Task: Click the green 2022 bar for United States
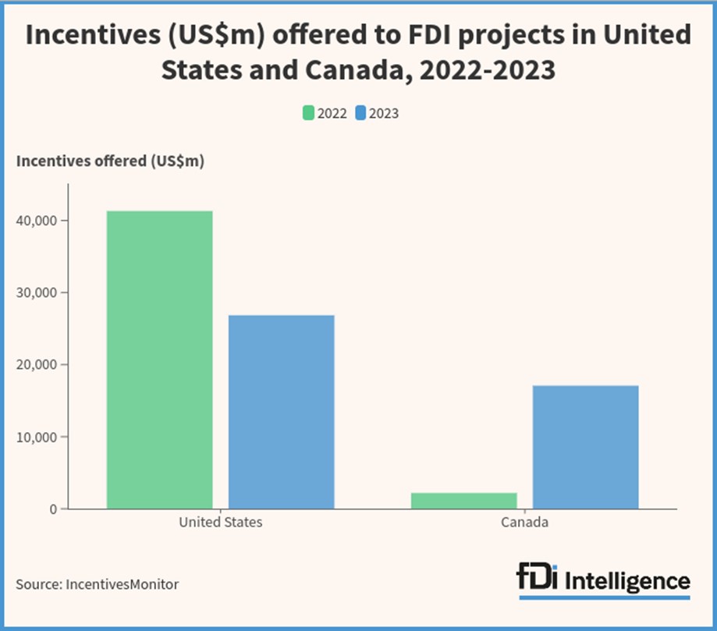(x=159, y=360)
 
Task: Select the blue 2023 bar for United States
(x=282, y=412)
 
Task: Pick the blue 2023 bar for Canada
(x=586, y=447)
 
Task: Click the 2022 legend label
(x=332, y=113)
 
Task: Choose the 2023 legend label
(x=384, y=113)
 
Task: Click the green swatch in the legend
(x=309, y=113)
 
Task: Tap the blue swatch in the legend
(x=360, y=113)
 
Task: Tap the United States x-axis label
(x=221, y=523)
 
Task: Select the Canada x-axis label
(x=524, y=523)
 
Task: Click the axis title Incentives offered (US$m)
(x=110, y=161)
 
